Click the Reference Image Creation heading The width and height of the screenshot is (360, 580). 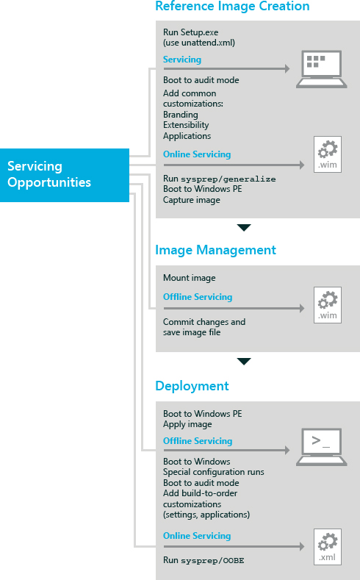pos(232,6)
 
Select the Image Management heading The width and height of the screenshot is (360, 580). pos(215,250)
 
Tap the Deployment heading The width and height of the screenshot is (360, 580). pos(192,386)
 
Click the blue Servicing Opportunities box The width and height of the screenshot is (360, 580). pos(65,175)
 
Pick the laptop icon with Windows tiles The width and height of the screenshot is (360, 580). pos(322,69)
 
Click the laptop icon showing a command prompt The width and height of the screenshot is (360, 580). pos(322,447)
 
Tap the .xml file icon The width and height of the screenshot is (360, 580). pos(328,547)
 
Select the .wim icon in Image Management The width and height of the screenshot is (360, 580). pos(328,305)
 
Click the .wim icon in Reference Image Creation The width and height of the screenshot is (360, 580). pos(328,154)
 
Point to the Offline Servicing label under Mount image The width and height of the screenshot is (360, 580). pos(198,297)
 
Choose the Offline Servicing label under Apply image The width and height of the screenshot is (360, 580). pos(198,441)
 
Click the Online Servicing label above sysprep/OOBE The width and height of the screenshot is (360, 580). pos(197,536)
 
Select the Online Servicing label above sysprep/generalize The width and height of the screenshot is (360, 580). pos(197,154)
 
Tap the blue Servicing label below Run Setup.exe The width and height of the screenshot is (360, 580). pos(182,60)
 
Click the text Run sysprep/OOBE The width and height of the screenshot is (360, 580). pos(204,560)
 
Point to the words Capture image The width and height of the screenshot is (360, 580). pos(192,200)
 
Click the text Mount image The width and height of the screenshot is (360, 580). pos(190,278)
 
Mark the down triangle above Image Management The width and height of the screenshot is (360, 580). pos(244,227)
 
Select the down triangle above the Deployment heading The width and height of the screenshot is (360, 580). pos(244,362)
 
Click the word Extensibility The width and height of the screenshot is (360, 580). pos(186,125)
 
